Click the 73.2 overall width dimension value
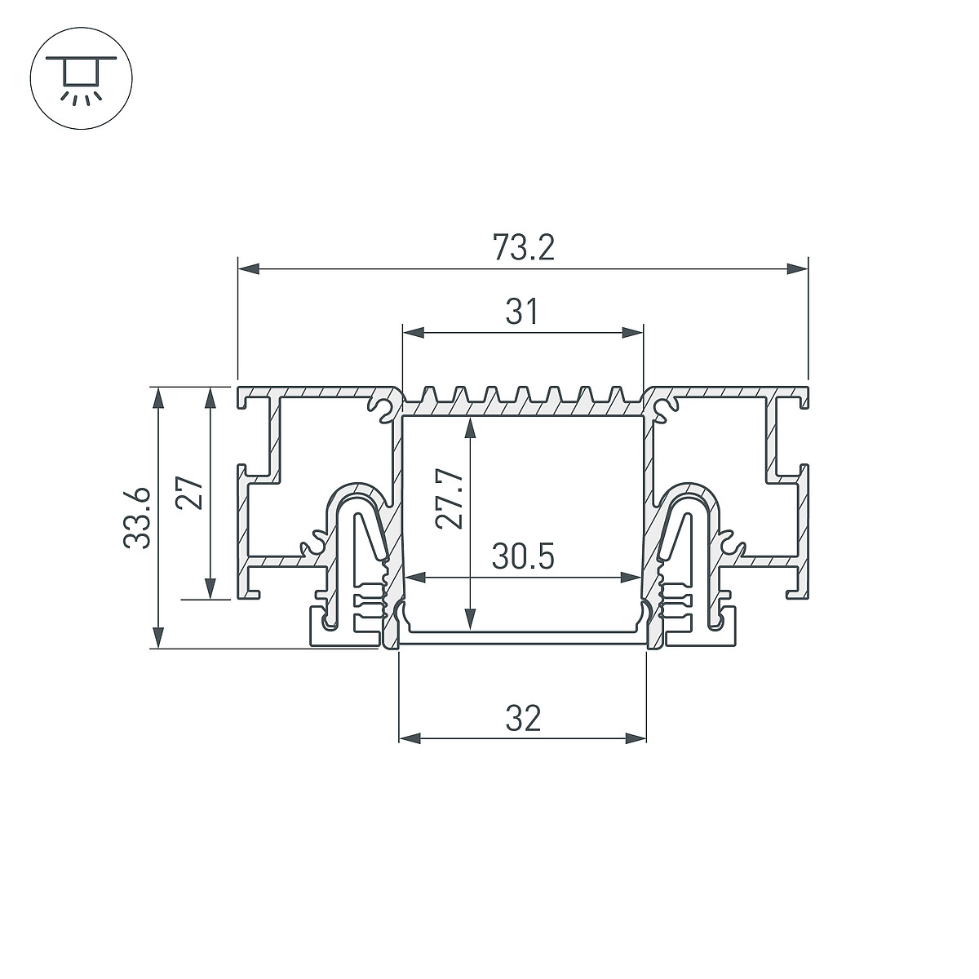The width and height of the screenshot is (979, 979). [523, 248]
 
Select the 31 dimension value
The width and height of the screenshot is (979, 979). [521, 312]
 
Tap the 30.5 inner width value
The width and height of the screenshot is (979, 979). [523, 558]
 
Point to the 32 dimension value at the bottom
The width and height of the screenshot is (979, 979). [523, 720]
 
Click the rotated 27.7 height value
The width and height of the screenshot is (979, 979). [450, 500]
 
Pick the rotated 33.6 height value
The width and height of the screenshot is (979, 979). [137, 518]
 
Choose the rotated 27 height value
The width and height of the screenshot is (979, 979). [189, 493]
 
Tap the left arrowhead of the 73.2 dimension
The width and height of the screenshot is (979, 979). [249, 269]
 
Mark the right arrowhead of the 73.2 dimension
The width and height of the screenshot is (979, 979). [796, 269]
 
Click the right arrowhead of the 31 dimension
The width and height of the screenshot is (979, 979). [632, 334]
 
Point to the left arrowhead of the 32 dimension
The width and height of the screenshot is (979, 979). [410, 739]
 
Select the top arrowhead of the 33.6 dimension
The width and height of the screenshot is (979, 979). [159, 398]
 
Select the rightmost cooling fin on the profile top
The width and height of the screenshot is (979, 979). [616, 395]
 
